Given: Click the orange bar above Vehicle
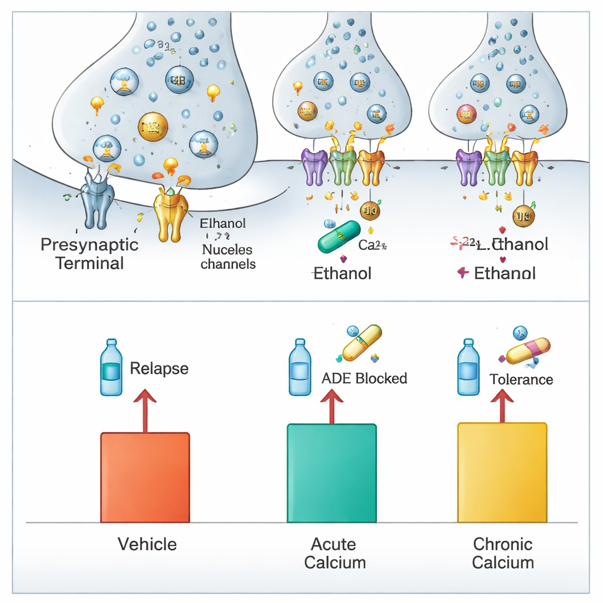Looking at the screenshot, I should [x=145, y=478].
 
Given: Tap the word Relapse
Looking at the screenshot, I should [x=159, y=369].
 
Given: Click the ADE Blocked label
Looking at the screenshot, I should [x=364, y=378].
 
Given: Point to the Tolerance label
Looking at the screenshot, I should [x=521, y=379].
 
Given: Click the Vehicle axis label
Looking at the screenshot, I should [x=147, y=544].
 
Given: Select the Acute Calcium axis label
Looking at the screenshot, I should [x=334, y=553].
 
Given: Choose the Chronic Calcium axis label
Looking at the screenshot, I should [x=503, y=553].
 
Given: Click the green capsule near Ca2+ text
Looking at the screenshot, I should [x=339, y=237].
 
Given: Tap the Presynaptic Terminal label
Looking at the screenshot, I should [x=90, y=253].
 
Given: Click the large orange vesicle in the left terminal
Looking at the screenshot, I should [x=153, y=127].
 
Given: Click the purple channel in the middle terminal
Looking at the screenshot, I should [x=314, y=166].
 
